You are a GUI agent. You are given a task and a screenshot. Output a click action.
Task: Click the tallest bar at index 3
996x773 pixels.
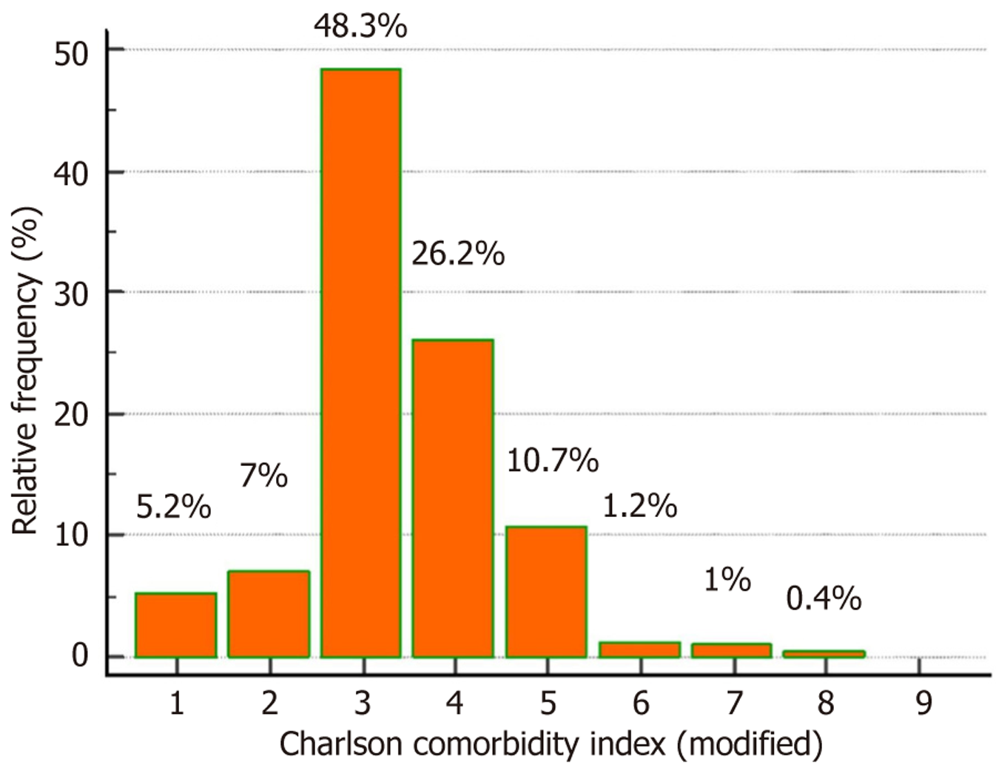click(x=361, y=362)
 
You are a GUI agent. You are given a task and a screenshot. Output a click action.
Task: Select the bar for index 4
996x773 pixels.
click(x=453, y=498)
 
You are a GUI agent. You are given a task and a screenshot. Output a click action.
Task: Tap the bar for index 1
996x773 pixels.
click(x=176, y=625)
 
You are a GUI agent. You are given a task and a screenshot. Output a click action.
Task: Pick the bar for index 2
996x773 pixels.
click(x=269, y=614)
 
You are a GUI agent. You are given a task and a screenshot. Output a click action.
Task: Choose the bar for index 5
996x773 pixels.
click(x=546, y=592)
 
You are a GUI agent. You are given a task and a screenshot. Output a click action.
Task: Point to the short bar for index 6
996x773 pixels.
click(x=639, y=649)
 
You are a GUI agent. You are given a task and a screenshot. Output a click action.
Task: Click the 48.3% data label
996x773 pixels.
click(x=360, y=26)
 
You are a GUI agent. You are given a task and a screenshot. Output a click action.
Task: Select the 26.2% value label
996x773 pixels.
click(x=458, y=254)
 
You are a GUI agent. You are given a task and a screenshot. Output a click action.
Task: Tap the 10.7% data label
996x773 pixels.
click(x=552, y=461)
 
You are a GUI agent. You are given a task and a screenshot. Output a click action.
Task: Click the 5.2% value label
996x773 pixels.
click(x=174, y=507)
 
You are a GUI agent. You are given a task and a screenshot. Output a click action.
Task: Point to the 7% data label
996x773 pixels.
click(x=264, y=476)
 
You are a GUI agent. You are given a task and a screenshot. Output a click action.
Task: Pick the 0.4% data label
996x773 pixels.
click(x=824, y=598)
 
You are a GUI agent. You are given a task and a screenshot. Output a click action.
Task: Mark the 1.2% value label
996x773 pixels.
click(x=639, y=506)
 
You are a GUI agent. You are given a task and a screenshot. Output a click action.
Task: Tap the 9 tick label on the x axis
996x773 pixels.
click(x=923, y=702)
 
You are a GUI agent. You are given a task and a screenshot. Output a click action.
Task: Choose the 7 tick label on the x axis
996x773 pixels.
click(x=733, y=702)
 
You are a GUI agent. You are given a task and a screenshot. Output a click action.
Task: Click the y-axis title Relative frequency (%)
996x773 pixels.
click(x=26, y=370)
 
